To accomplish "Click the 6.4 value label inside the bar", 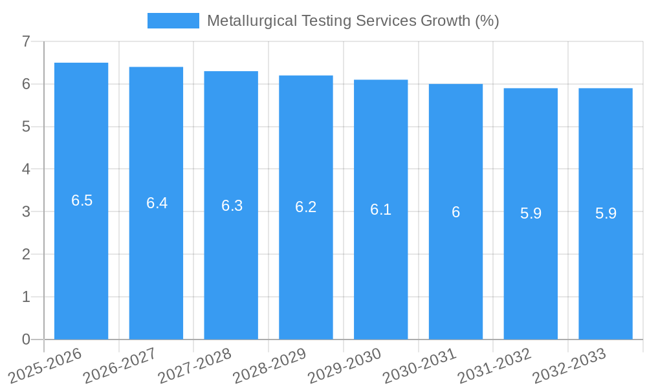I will pos(157,203).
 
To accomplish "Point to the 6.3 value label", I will pos(232,206).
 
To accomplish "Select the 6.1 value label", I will pos(380,210).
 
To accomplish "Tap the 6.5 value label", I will pos(82,200).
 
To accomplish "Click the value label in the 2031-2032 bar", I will pos(531,213).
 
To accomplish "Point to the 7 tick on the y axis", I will pos(26,41).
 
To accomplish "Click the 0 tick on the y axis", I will pos(26,339).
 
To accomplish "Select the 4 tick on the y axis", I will pos(26,169).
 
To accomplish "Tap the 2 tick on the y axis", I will pos(26,254).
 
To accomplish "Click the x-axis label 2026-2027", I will pos(120,366).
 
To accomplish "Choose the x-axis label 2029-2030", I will pos(344,366).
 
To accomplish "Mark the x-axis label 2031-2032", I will pos(494,366).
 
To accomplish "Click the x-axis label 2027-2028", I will pos(194,366).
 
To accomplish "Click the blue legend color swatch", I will pos(173,21).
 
